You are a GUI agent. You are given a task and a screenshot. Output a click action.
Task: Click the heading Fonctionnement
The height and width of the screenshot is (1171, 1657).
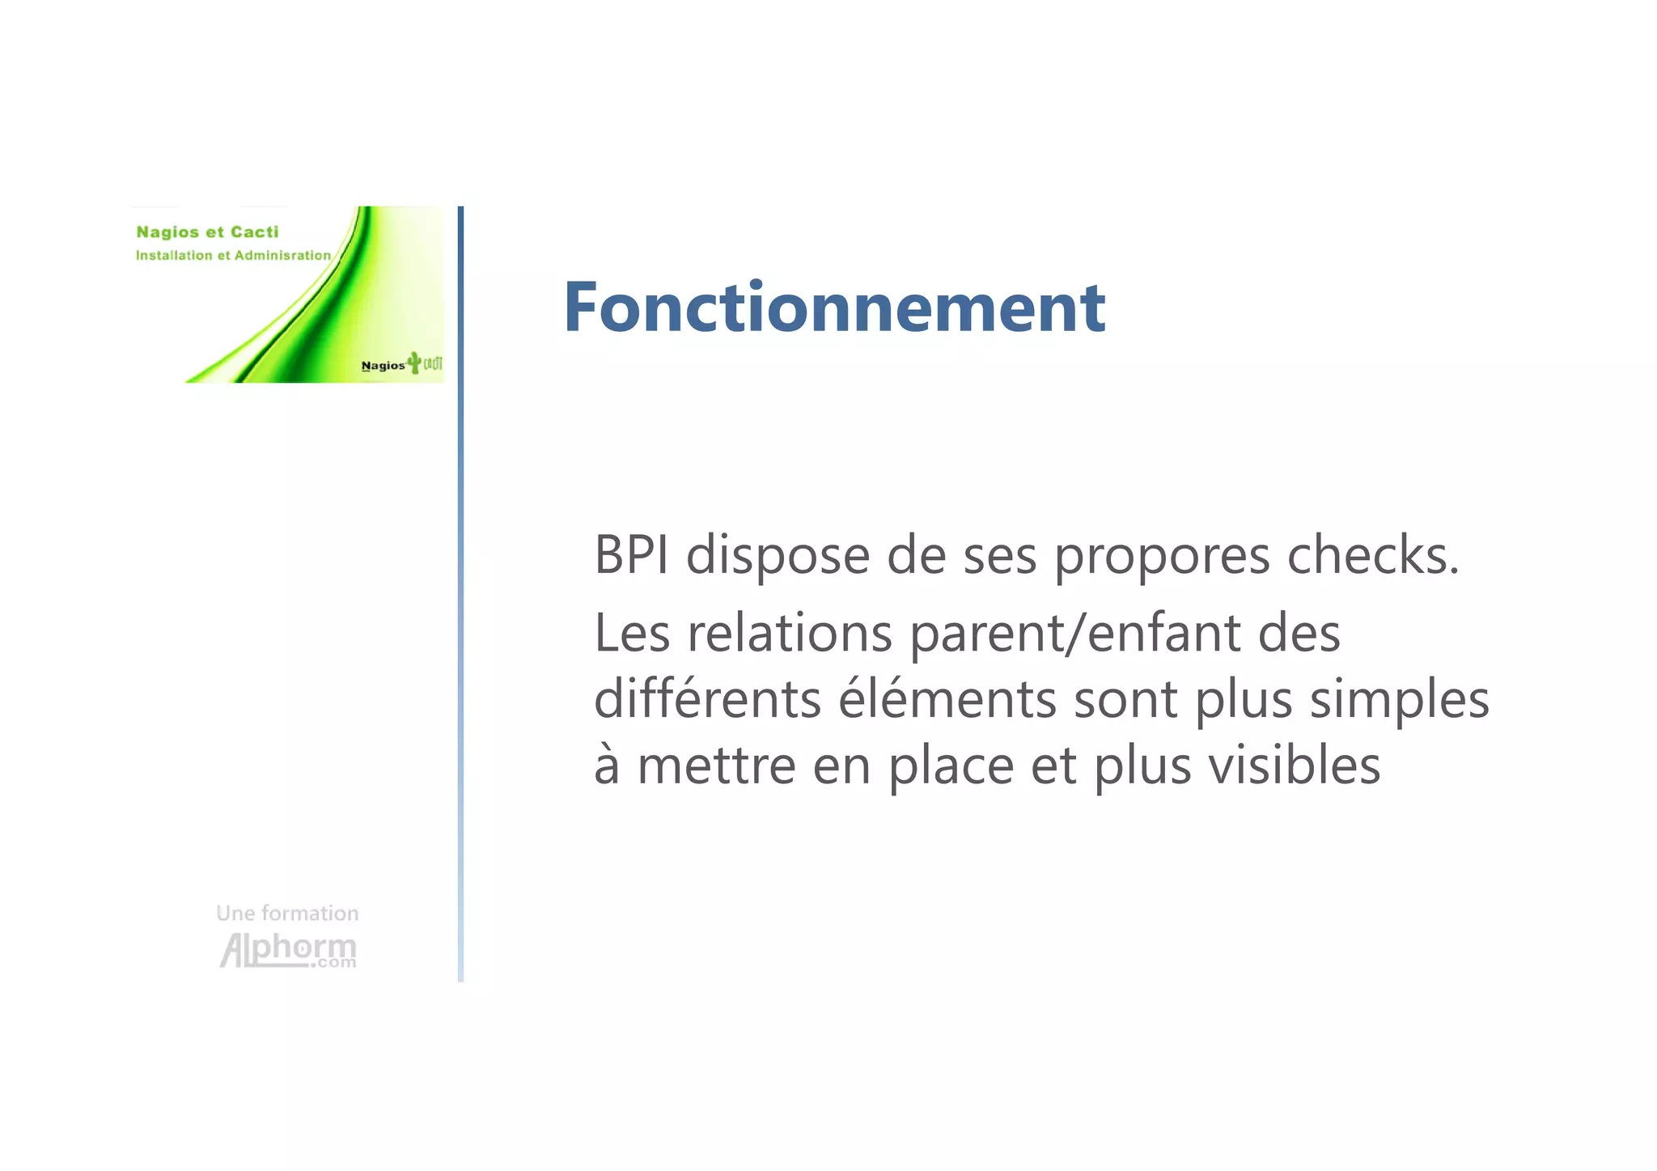pos(833,308)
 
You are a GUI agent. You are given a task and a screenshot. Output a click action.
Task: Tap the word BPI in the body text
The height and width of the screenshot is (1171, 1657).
pos(631,556)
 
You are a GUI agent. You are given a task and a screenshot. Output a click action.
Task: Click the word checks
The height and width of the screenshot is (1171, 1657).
pos(1373,556)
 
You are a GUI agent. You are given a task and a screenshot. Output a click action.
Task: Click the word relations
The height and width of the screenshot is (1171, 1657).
pos(790,634)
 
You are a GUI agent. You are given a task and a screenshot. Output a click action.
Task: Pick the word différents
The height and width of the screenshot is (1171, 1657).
pos(707,699)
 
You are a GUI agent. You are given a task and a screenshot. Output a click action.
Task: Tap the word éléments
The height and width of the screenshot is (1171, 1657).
pos(947,699)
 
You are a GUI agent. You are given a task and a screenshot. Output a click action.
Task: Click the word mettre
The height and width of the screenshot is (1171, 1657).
pos(716,766)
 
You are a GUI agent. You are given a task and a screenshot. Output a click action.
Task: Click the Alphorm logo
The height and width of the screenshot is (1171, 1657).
pos(288,950)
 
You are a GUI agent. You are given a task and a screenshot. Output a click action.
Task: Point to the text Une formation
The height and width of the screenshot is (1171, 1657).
pos(287,913)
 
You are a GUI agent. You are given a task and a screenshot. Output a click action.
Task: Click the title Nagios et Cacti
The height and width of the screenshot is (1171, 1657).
pos(207,232)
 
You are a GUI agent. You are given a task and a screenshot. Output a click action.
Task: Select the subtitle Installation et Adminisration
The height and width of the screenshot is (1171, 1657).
pos(233,256)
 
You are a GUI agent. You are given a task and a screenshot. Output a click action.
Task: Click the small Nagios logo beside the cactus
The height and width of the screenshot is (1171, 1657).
pos(383,366)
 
